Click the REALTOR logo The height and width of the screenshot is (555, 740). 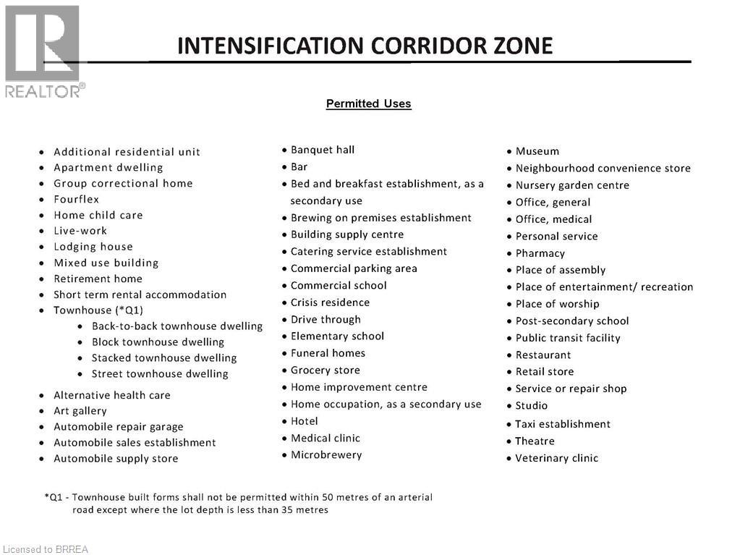[x=43, y=51]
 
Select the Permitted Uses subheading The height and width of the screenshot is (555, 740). [x=368, y=103]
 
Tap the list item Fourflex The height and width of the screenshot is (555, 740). [x=76, y=199]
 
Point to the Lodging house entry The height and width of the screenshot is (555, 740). [x=93, y=247]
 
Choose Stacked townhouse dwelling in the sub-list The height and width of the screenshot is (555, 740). [x=163, y=357]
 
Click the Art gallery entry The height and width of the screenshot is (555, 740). [x=80, y=411]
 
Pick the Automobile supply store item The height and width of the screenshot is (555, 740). [x=116, y=458]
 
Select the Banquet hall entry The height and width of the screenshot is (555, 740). [x=322, y=150]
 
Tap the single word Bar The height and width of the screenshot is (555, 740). [x=299, y=166]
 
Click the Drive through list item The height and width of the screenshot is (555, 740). [x=325, y=319]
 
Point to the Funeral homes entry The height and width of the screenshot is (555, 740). [x=328, y=353]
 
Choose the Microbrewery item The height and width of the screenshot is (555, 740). [x=326, y=454]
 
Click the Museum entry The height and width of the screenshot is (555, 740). [x=537, y=151]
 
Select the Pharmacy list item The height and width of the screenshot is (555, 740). [x=540, y=253]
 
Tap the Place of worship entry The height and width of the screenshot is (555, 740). [x=557, y=304]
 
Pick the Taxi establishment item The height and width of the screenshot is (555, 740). [x=562, y=424]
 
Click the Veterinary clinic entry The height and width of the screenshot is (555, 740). [x=556, y=458]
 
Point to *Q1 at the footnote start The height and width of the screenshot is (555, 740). [x=54, y=497]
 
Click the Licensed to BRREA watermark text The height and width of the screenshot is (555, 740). [x=46, y=549]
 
